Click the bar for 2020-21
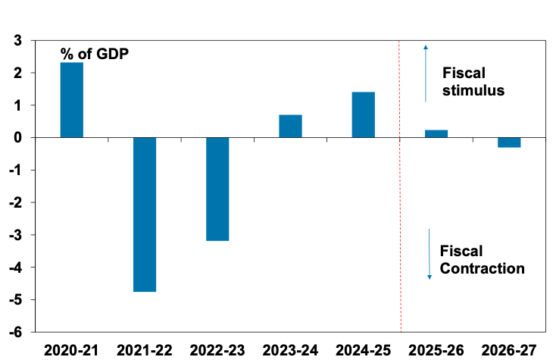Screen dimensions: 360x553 72,100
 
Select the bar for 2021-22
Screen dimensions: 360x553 145,214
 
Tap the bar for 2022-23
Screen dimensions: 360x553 217,189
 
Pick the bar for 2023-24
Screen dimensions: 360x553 290,126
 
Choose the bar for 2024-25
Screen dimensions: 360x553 363,114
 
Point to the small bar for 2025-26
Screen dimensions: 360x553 436,133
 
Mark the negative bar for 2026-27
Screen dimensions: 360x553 509,142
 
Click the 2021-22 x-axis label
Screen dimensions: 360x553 145,350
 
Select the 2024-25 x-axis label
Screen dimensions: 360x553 363,350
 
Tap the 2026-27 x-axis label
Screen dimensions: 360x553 509,350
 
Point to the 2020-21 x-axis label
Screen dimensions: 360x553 72,350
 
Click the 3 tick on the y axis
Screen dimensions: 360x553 16,41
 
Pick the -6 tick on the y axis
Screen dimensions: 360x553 14,332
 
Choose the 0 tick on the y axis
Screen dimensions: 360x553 16,138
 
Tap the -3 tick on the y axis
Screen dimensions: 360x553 14,235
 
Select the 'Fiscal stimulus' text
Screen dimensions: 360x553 473,81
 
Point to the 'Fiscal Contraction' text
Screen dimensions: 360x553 482,259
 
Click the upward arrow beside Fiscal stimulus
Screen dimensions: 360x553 425,72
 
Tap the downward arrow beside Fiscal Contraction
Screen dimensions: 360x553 429,254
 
